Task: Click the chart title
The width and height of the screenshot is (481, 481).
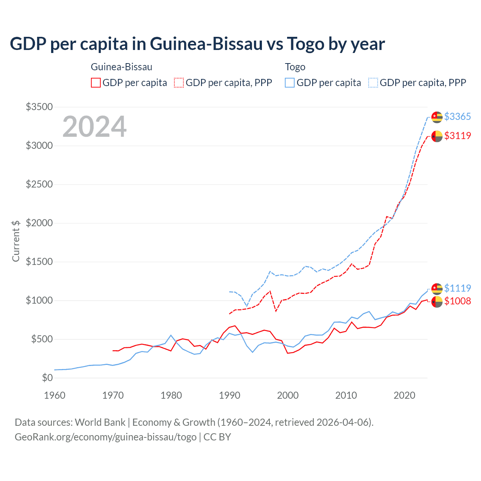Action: coord(197,44)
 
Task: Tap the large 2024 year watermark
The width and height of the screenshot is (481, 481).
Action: coord(94,127)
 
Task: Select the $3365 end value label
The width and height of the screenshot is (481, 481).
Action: coord(457,116)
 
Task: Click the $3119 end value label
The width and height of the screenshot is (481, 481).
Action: coord(457,136)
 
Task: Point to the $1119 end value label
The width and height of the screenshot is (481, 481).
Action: coord(457,288)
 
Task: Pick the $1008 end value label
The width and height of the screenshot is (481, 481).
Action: coord(457,301)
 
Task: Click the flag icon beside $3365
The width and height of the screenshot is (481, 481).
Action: coord(437,117)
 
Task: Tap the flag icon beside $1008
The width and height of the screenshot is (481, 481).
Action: coord(437,301)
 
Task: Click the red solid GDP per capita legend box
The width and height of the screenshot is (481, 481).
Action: coord(96,83)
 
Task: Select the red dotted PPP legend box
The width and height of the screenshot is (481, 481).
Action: coord(179,83)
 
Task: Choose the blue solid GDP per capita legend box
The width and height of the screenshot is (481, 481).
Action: coord(290,83)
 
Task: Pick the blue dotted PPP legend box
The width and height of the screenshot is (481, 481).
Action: coord(373,83)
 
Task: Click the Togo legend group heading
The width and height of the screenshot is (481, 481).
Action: coord(295,67)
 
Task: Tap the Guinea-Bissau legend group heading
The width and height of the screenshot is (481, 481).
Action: coord(121,67)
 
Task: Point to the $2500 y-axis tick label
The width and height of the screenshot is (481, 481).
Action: coord(39,185)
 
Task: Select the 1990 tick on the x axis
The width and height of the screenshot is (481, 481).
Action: coord(230,395)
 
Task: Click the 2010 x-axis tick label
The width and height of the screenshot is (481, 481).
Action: coord(346,395)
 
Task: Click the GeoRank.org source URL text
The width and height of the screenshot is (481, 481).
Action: coord(106,437)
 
